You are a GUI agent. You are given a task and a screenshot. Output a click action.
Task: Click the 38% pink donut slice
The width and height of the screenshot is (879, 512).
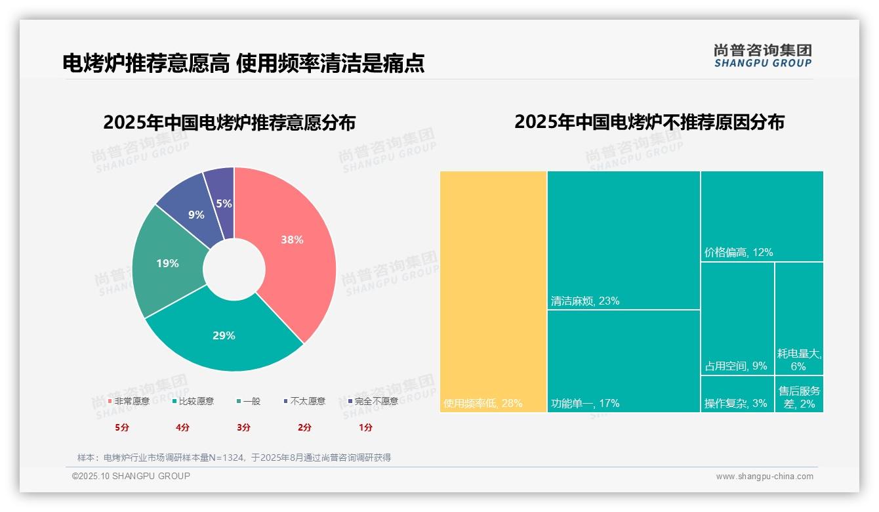point(292,240)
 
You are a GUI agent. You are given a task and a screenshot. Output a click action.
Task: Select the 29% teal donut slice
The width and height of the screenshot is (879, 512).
point(224,335)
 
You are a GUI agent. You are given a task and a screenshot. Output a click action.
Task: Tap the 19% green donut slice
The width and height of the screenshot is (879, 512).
point(167,263)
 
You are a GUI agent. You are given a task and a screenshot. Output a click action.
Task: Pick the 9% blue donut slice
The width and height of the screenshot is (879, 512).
point(195,215)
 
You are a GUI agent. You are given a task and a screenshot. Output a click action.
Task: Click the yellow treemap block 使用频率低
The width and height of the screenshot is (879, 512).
point(493,291)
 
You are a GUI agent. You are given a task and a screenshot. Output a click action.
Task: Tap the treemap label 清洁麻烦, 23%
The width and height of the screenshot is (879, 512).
point(585,301)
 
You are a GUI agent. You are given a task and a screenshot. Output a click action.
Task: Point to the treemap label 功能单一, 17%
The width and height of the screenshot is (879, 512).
point(585,403)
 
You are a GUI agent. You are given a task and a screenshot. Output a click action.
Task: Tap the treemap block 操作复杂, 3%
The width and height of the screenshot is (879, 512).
point(736,403)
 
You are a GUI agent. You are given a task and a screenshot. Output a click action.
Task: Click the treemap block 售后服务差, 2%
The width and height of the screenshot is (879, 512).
point(799,396)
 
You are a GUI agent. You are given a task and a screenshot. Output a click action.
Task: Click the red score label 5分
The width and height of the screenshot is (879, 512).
point(122,427)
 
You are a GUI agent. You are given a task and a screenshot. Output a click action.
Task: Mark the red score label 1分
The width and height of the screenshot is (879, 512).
point(365,427)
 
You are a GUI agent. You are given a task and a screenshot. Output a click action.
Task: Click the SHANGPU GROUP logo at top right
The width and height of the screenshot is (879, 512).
point(763,56)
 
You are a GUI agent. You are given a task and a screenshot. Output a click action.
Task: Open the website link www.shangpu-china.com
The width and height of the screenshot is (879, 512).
point(764,477)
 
